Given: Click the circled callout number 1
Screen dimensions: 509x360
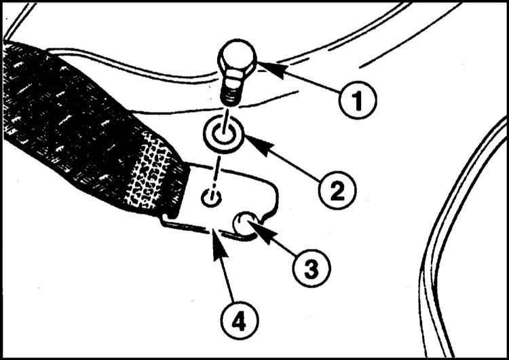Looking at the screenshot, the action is point(357,100).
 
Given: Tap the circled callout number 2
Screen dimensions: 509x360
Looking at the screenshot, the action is point(337,190).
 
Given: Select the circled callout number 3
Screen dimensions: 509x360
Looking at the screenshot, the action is point(312,268).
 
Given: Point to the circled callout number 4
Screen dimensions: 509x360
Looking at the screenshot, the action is point(239,321).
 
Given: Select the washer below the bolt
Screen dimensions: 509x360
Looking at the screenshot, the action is point(224,134).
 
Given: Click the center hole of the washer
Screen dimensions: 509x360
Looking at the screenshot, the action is point(224,134).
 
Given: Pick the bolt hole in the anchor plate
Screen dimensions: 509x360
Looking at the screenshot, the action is point(211,198).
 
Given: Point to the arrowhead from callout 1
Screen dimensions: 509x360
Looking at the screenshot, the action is point(269,69).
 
